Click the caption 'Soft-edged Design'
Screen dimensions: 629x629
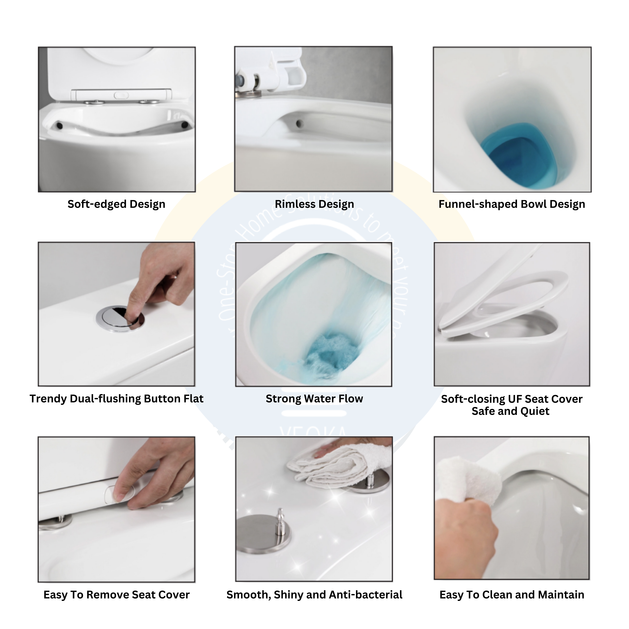coord(116,204)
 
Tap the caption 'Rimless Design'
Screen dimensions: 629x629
coord(314,204)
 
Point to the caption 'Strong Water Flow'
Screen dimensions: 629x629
coord(314,398)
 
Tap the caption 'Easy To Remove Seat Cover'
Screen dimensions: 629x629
coord(116,595)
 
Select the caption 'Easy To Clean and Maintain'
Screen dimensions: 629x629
coord(511,595)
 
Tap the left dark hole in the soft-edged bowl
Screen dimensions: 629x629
coord(59,125)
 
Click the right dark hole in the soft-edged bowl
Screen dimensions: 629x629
coord(184,124)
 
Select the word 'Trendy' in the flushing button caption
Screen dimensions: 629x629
coord(48,398)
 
